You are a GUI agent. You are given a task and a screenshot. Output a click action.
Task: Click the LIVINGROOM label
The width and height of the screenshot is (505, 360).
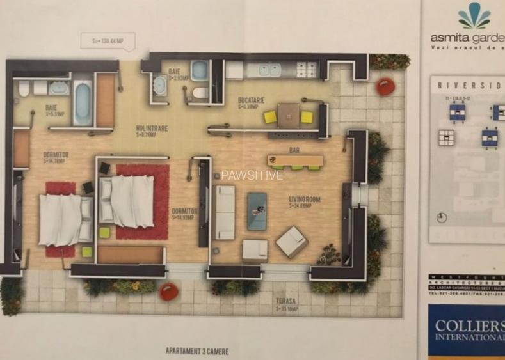tap(304, 200)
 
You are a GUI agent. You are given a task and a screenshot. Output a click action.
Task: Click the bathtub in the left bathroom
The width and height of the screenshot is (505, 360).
tap(82, 102)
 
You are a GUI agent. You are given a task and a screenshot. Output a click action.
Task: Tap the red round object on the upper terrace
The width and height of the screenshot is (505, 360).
tap(385, 86)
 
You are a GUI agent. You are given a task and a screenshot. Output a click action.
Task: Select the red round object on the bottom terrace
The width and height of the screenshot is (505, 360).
tap(169, 292)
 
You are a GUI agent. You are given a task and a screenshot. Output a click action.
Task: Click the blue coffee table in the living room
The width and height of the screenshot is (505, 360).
tap(257, 210)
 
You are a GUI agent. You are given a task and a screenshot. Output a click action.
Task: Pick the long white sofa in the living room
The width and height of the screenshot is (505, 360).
tap(225, 212)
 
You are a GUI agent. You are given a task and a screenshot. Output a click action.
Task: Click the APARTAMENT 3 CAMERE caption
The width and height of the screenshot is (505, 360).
tap(197, 350)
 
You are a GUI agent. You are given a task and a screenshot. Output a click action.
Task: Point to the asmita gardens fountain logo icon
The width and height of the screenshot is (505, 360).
tap(474, 17)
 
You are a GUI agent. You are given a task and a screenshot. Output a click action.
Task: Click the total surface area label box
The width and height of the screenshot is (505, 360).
tap(108, 40)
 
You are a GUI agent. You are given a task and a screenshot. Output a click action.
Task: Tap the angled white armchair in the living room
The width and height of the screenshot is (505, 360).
tap(291, 242)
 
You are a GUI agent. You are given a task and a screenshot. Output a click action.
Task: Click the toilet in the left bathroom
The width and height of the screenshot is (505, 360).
tap(24, 88)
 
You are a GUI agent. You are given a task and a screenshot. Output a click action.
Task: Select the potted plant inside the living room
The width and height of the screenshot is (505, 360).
tap(329, 254)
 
